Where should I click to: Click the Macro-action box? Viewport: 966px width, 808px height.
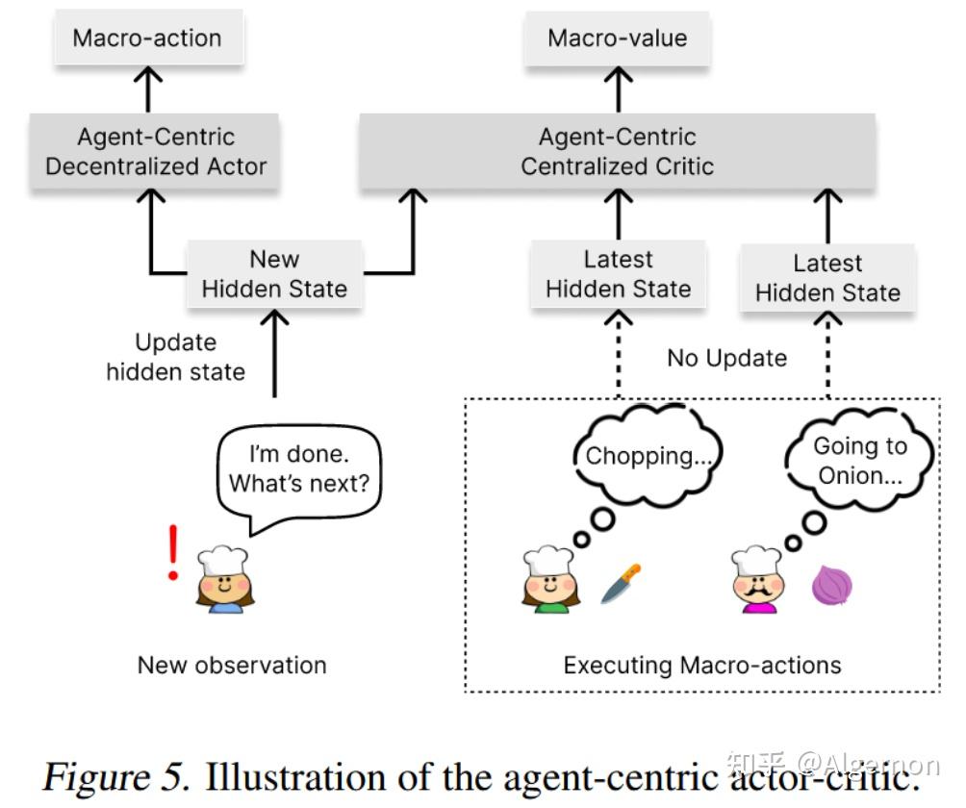[147, 38]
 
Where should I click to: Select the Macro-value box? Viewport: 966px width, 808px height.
[618, 38]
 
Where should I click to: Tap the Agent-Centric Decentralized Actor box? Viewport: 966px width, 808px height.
[155, 152]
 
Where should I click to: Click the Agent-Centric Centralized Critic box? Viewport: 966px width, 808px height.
[617, 152]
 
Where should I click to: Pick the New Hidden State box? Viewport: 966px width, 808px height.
[274, 274]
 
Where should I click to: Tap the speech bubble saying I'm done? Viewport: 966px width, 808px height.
[298, 470]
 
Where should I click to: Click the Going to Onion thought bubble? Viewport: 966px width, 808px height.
[859, 460]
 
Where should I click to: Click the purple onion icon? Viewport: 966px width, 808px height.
[831, 585]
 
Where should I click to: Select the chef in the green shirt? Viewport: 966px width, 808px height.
[548, 580]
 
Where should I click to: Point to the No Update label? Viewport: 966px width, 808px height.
[726, 359]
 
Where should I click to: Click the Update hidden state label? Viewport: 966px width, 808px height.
[175, 357]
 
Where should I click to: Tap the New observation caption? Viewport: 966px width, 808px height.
[232, 665]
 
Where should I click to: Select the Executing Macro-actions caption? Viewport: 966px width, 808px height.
[702, 665]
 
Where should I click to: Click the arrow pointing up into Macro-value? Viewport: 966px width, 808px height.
[618, 88]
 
